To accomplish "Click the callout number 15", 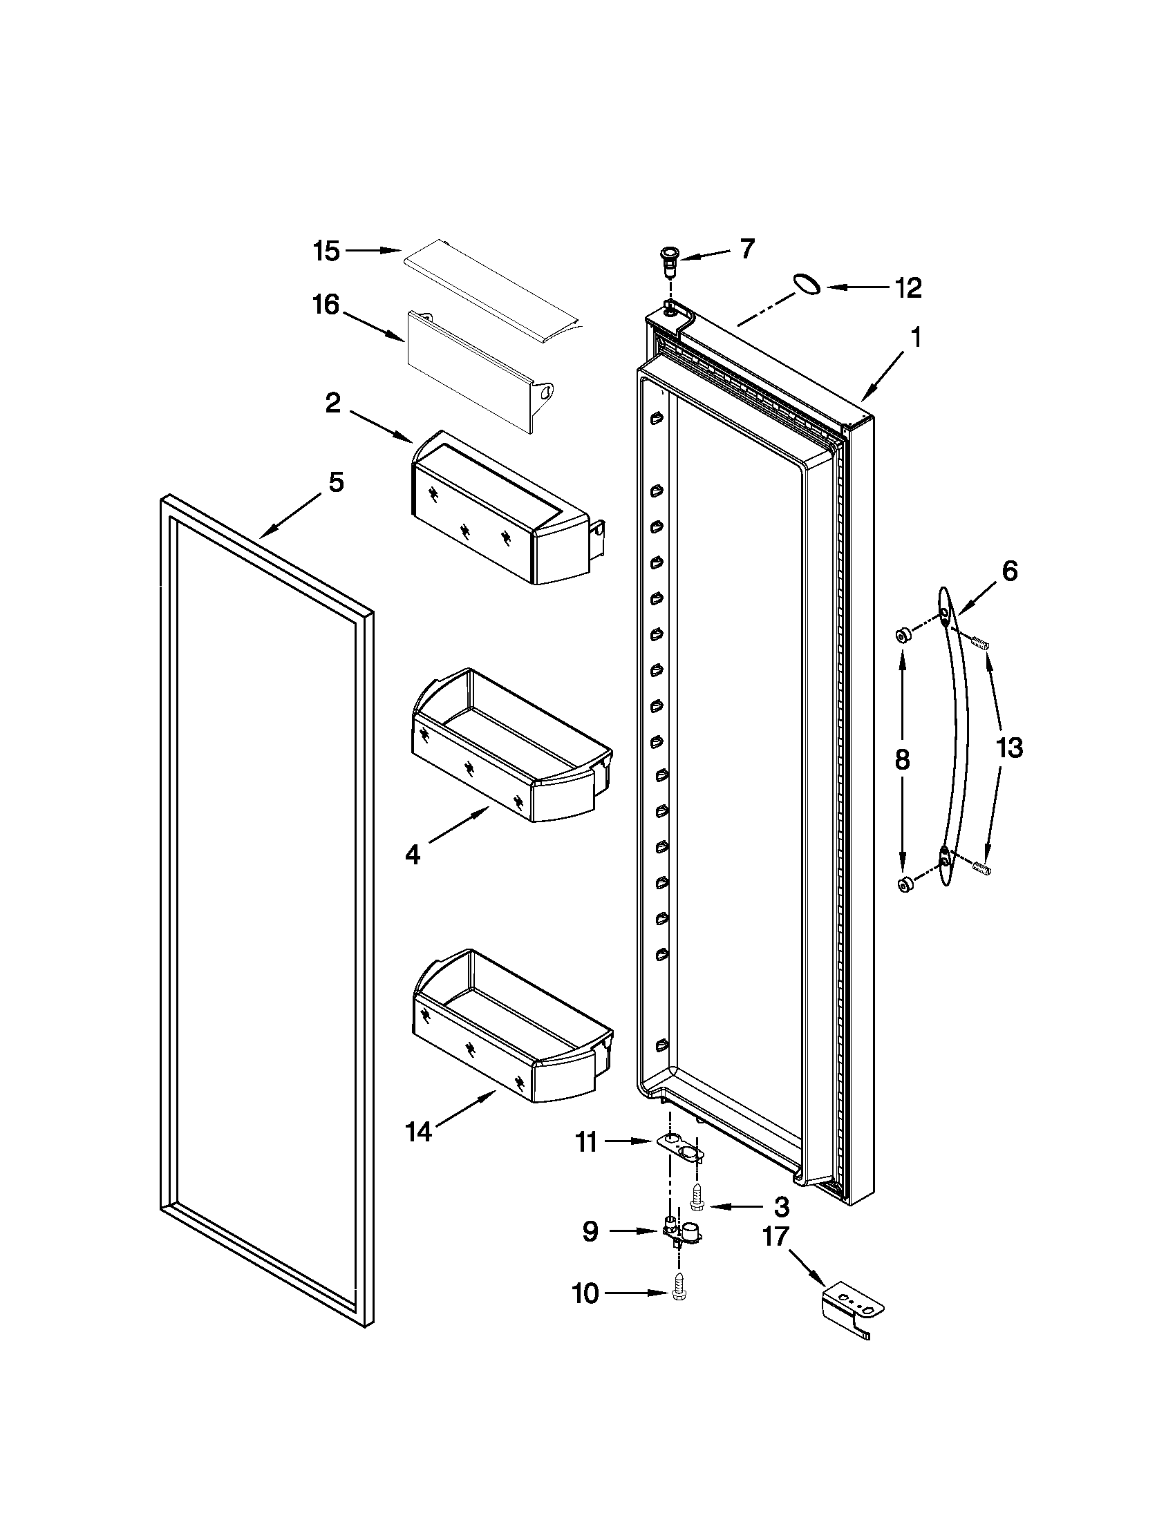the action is [x=326, y=251].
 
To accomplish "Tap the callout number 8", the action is [x=902, y=759].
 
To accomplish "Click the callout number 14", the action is [x=418, y=1132].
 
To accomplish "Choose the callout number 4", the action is [x=413, y=855].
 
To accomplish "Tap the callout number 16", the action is [x=326, y=305].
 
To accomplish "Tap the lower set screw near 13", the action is [x=981, y=867].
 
